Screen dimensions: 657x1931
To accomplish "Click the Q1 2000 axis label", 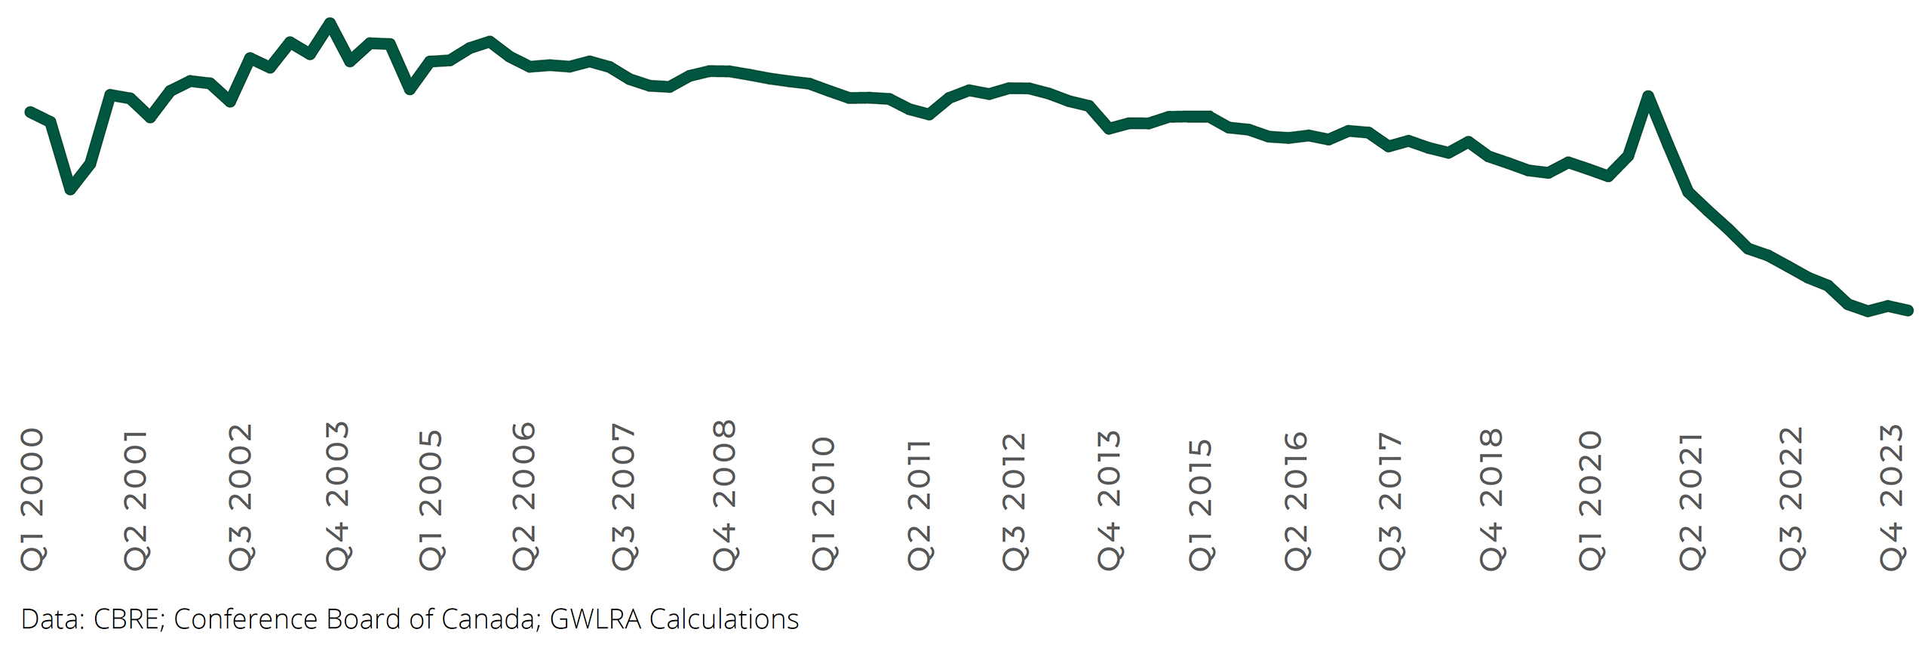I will pos(32,499).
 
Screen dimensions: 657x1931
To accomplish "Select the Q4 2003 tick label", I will pos(338,496).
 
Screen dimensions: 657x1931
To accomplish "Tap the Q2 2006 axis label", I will pos(523,496).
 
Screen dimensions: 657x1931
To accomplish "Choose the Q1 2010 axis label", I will pos(824,502).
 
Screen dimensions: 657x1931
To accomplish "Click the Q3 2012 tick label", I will pos(1014,501).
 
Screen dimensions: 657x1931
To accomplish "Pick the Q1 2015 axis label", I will pos(1200,504).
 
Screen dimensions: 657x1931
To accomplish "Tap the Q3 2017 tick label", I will pos(1390,501).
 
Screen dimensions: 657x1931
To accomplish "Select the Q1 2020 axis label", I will pos(1590,500).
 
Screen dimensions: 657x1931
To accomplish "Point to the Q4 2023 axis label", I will pos(1892,498).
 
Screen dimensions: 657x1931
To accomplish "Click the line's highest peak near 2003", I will pos(330,23).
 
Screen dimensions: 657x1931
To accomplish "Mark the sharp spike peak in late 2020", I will pos(1648,97).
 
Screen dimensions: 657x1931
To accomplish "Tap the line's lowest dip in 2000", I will pos(70,189).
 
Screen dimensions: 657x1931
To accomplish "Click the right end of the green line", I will pos(1908,310).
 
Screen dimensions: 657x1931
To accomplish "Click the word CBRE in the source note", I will pos(127,619).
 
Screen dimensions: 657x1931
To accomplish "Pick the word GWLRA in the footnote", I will pos(595,619).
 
